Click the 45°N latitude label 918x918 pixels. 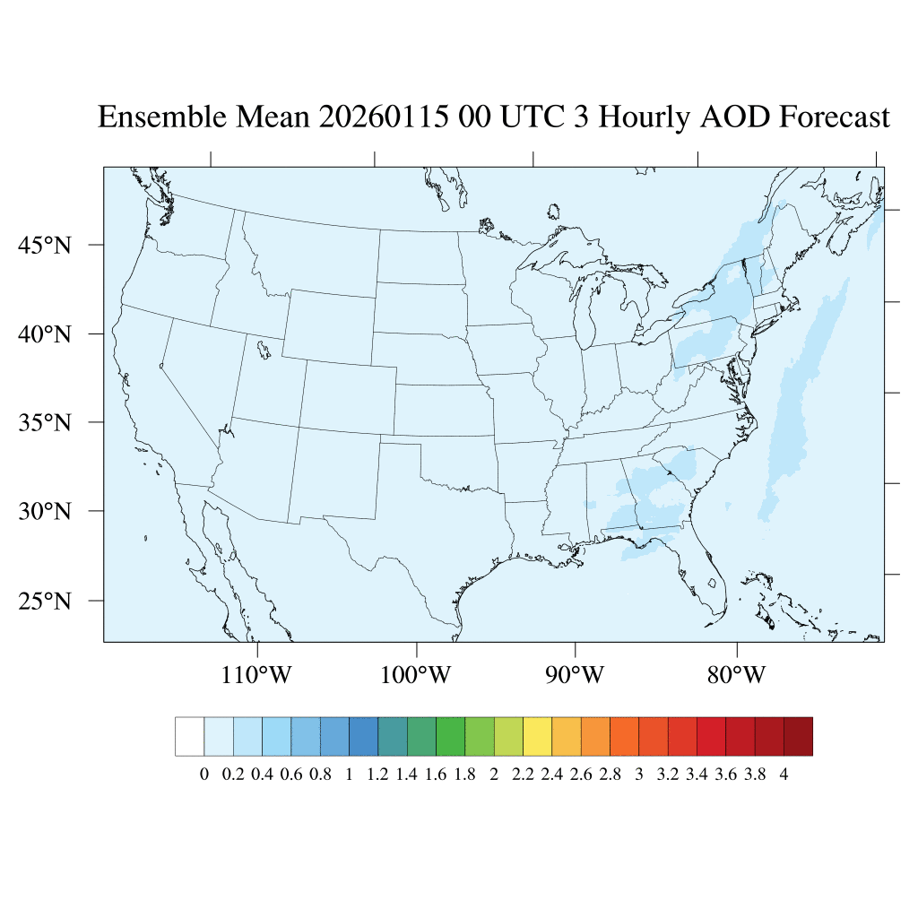[45, 245]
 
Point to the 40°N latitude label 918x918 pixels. [45, 334]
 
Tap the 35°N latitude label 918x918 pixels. [45, 422]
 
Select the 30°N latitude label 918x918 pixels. [45, 512]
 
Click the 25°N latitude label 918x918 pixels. [45, 600]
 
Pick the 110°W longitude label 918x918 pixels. [256, 674]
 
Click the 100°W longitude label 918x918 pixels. [416, 674]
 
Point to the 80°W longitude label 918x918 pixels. [736, 674]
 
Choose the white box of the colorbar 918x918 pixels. [190, 736]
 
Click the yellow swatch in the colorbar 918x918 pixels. [537, 736]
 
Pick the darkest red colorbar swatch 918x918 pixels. [798, 736]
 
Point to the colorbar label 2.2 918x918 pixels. [523, 775]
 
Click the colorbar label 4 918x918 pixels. [784, 775]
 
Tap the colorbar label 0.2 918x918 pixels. [233, 775]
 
